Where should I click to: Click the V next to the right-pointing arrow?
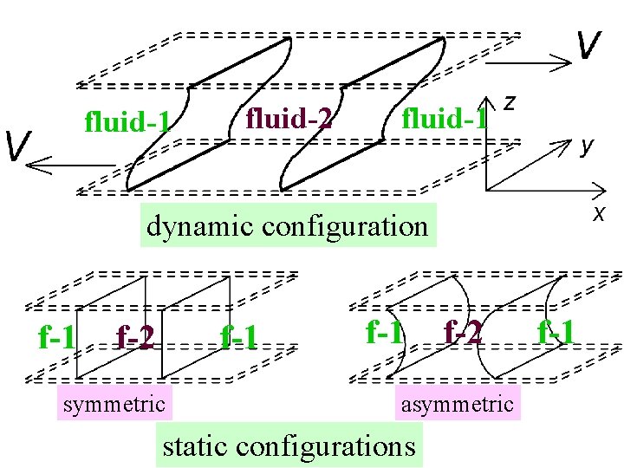coord(589,45)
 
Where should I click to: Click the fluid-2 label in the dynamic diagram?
coord(289,117)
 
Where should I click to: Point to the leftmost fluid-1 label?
coord(127,122)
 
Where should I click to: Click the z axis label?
coord(510,102)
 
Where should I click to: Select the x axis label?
coord(598,213)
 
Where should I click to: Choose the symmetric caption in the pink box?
coord(114,403)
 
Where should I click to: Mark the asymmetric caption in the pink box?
coord(457,404)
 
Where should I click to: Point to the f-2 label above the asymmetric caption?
coord(463,330)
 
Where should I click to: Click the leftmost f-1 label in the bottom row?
coord(57,335)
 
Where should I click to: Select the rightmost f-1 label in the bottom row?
coord(556,330)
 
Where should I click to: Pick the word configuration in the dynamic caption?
coord(344,226)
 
